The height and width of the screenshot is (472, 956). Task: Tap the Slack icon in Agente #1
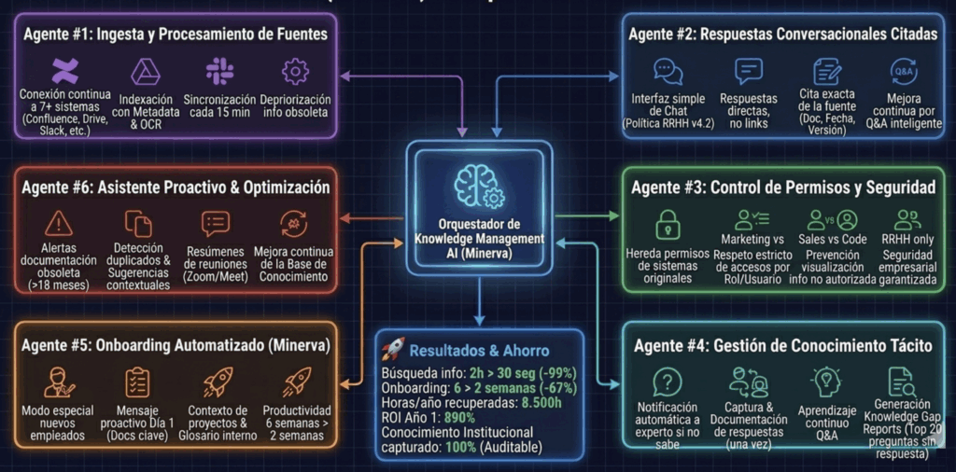click(221, 71)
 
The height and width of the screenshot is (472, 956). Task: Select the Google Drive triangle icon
click(146, 71)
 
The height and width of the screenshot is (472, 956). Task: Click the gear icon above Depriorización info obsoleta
click(295, 71)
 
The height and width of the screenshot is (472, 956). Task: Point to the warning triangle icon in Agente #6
click(59, 223)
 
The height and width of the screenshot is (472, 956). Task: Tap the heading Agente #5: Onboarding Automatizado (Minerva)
click(172, 345)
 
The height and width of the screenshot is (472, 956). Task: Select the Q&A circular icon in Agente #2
click(904, 71)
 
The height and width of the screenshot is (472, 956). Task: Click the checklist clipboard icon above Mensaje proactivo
click(137, 382)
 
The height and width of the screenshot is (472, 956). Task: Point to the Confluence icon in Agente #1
click(64, 71)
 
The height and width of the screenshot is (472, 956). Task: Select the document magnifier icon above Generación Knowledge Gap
click(901, 381)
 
